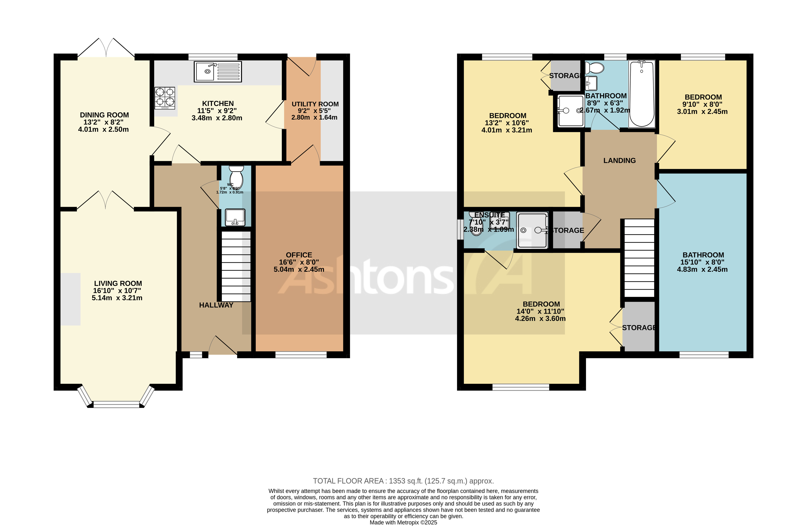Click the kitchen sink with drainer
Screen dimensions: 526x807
218,72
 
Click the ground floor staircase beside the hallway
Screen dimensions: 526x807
236,266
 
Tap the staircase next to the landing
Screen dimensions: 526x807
639,258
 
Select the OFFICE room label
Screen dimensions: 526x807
299,255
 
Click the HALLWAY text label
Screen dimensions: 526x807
216,305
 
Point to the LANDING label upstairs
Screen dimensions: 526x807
619,160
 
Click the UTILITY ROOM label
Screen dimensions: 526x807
315,104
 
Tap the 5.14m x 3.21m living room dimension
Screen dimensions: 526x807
117,298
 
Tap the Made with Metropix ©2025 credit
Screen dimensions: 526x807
403,522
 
